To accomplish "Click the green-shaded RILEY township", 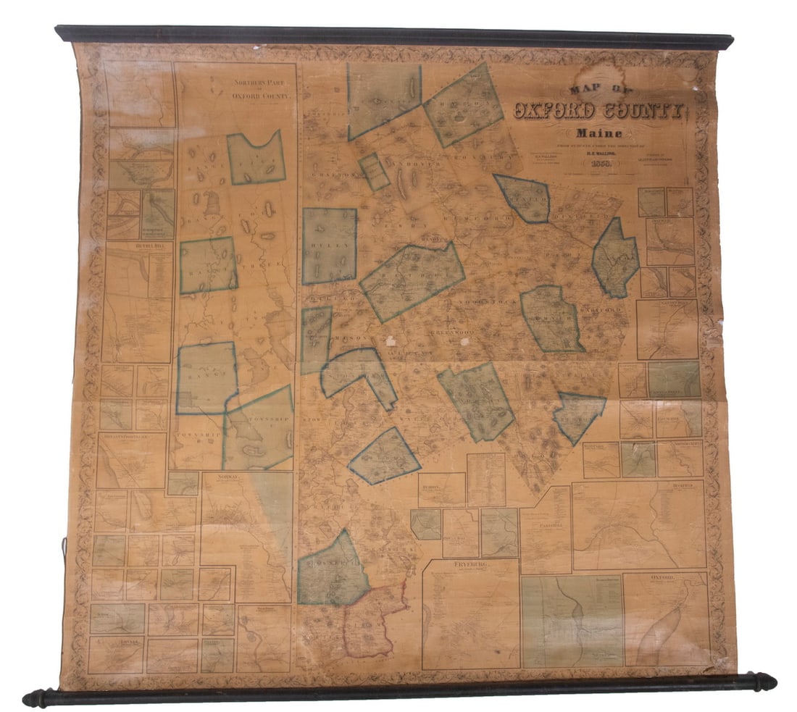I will pos(330,246).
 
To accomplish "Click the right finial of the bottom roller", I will pos(764,682).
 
